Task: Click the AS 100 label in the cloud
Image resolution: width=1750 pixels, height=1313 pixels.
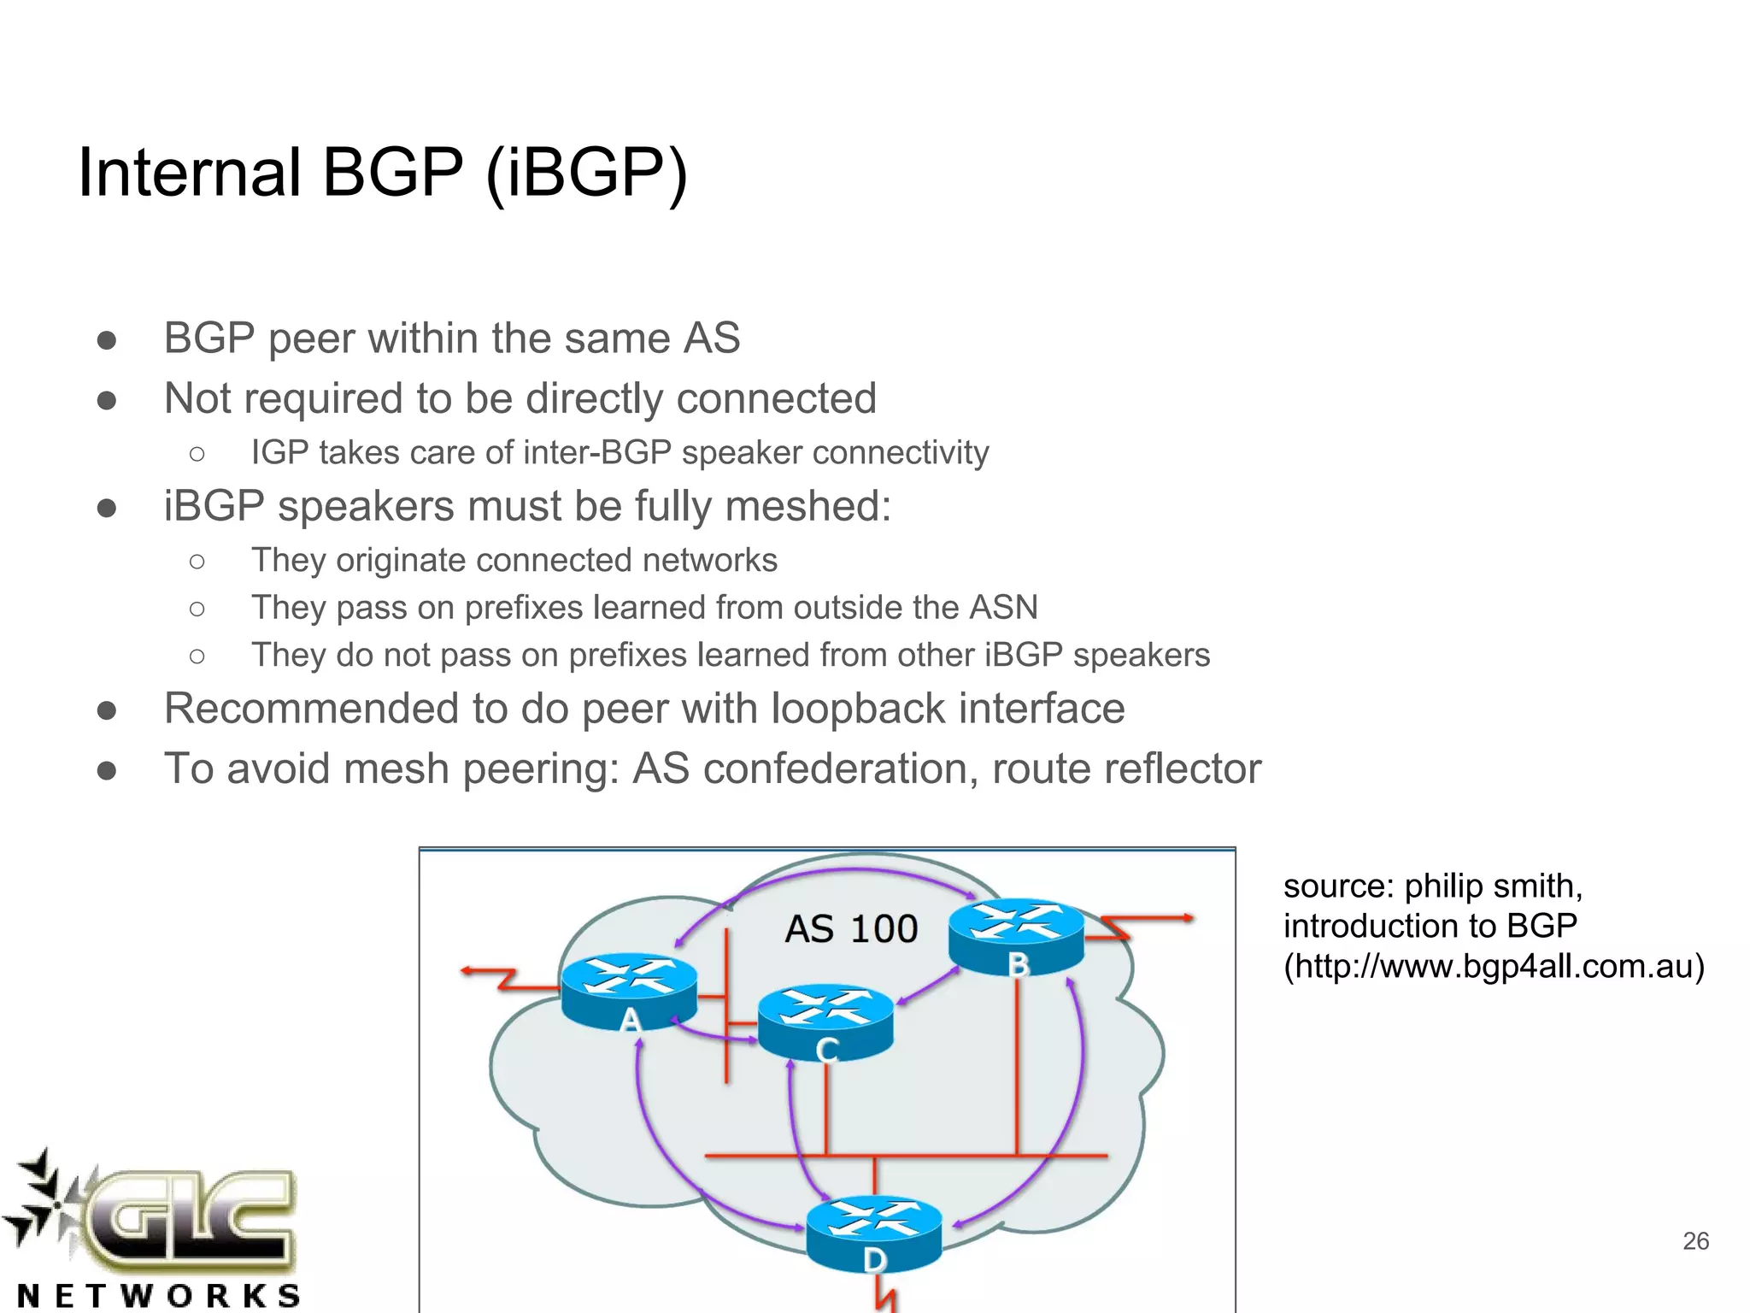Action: pyautogui.click(x=851, y=929)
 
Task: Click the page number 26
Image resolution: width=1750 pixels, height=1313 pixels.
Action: pyautogui.click(x=1695, y=1241)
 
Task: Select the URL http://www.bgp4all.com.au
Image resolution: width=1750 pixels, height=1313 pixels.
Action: pyautogui.click(x=1494, y=966)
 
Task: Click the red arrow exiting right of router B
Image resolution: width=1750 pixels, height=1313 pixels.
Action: pyautogui.click(x=1154, y=921)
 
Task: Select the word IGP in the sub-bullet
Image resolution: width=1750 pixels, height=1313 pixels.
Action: pyautogui.click(x=279, y=453)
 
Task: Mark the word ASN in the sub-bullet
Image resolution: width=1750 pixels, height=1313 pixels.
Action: pyautogui.click(x=1003, y=608)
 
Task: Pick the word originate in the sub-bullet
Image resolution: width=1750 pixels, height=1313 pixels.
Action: pyautogui.click(x=401, y=561)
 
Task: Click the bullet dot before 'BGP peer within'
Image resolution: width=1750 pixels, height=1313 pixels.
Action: pyautogui.click(x=107, y=340)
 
